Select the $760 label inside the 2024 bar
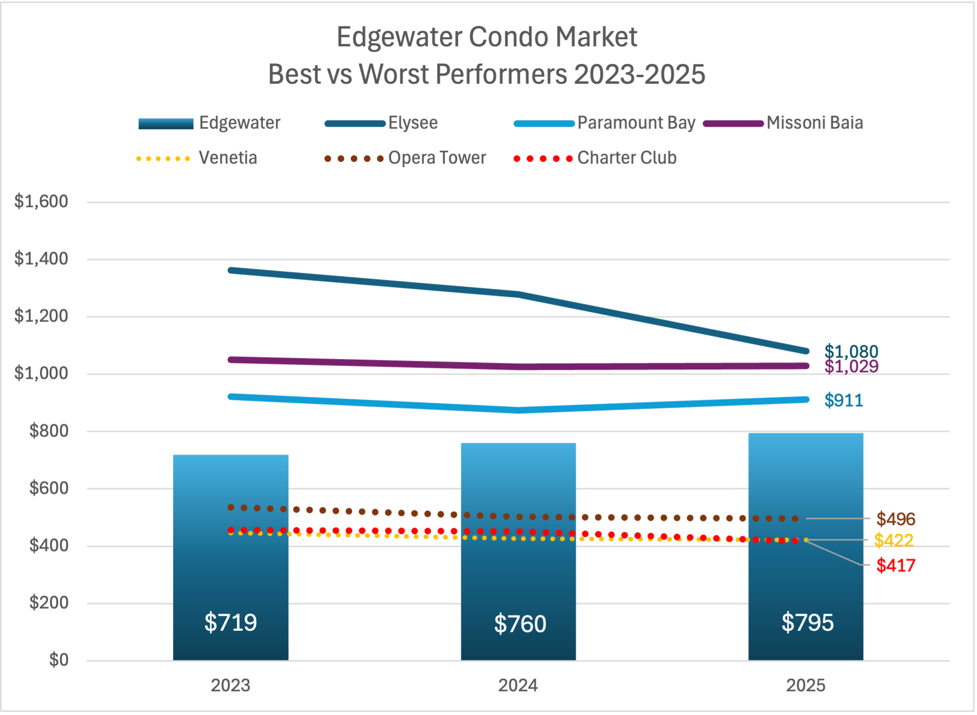point(520,624)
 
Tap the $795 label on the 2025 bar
point(807,622)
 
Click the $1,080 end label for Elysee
point(851,351)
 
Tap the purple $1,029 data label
point(851,367)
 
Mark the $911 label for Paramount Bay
point(844,401)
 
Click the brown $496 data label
point(896,519)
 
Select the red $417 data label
point(896,566)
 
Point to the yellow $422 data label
point(893,541)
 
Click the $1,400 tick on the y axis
point(41,259)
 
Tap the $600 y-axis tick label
point(49,488)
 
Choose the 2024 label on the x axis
point(518,686)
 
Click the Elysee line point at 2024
point(519,295)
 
